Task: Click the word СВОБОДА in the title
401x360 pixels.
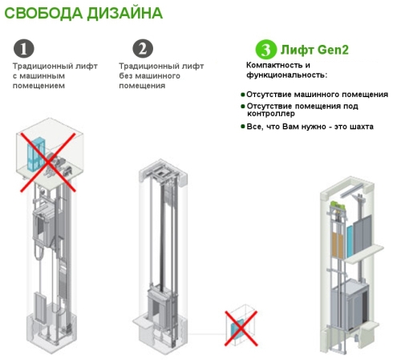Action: [43, 13]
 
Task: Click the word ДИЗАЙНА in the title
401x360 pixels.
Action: [125, 13]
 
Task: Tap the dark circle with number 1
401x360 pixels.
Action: [24, 49]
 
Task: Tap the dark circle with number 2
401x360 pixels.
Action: [143, 49]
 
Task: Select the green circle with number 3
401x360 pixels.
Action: [265, 50]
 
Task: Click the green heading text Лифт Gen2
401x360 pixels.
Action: [314, 50]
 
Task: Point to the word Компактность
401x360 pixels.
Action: [275, 65]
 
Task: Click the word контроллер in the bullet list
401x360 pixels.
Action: [271, 114]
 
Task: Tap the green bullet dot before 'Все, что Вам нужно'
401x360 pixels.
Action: [243, 126]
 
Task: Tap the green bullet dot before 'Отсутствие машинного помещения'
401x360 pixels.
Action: [243, 95]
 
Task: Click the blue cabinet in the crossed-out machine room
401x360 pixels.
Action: [36, 154]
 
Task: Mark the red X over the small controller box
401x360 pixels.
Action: [241, 329]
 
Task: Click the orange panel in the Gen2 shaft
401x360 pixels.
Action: [338, 245]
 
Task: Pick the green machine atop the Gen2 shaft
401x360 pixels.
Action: [338, 205]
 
